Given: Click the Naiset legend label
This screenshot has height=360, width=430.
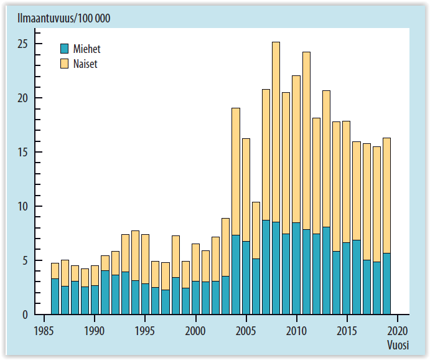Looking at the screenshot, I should [x=85, y=64].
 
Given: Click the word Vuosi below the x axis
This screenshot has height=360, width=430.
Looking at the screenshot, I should [x=396, y=344].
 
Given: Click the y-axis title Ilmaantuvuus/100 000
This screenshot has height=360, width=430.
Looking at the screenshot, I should [x=60, y=19].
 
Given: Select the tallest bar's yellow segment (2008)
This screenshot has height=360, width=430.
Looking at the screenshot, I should [x=276, y=131].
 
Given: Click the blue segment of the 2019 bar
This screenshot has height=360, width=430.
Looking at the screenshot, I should [x=387, y=283].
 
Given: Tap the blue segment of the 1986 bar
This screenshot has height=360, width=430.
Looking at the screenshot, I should [x=55, y=296].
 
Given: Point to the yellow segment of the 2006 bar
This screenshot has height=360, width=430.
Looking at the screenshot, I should [x=256, y=230].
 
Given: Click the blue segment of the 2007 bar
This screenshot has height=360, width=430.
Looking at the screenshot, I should [x=266, y=267].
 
